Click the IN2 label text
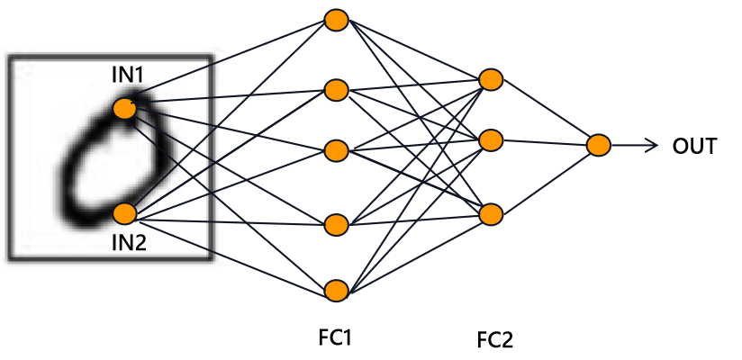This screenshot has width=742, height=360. [x=129, y=242]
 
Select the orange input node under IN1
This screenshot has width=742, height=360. [x=124, y=108]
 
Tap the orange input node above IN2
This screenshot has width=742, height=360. [x=124, y=213]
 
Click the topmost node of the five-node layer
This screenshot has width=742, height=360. [x=336, y=20]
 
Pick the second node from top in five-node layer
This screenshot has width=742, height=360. [x=336, y=90]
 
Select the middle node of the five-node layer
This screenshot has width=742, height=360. [x=336, y=150]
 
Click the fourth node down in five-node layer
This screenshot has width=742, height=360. [x=336, y=223]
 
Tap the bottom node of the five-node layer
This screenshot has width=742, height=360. [x=336, y=290]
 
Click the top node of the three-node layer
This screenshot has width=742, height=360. [x=491, y=79]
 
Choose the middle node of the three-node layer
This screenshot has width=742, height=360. [x=491, y=140]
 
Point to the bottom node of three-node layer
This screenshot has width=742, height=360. [x=491, y=214]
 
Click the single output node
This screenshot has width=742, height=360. [x=599, y=145]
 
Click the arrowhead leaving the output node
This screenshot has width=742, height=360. [x=654, y=145]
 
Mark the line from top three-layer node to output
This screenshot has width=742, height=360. [x=545, y=112]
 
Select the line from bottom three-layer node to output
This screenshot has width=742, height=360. [x=545, y=180]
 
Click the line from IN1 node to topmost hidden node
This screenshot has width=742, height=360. [x=230, y=64]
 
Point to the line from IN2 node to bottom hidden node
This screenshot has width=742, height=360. [x=230, y=252]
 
